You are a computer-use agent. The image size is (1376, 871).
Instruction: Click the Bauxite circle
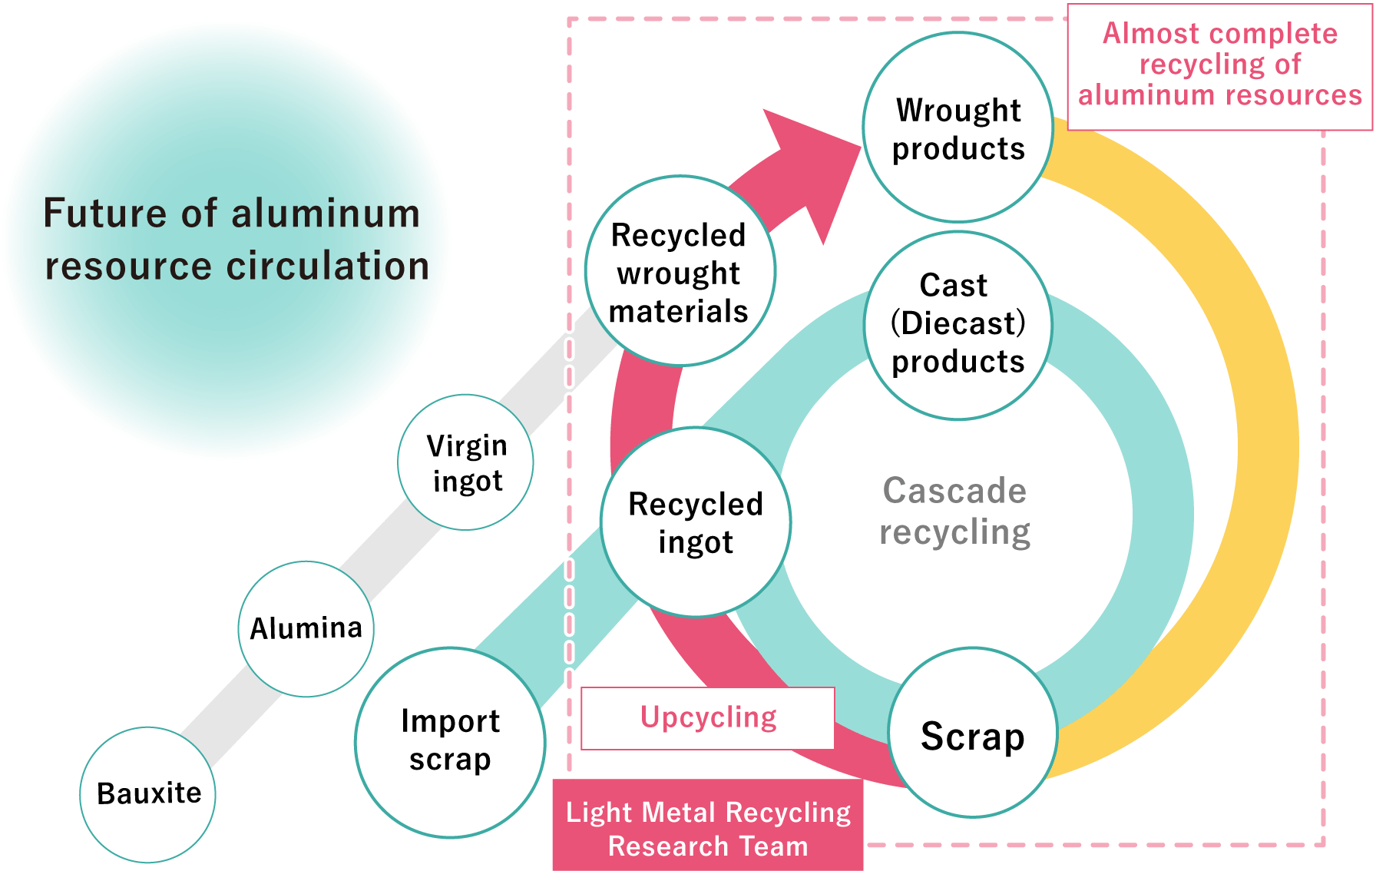pyautogui.click(x=148, y=794)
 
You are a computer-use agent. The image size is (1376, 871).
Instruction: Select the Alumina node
pyautogui.click(x=306, y=628)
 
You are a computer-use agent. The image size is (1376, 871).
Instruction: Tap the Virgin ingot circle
pyautogui.click(x=466, y=462)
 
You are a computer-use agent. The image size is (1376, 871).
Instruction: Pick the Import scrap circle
pyautogui.click(x=450, y=741)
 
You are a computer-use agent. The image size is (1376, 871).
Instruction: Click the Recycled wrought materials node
pyautogui.click(x=680, y=272)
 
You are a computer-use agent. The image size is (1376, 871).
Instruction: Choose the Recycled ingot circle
pyautogui.click(x=696, y=522)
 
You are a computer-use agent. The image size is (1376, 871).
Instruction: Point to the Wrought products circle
pyautogui.click(x=958, y=128)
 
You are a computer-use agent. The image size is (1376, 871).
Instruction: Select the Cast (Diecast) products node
pyautogui.click(x=958, y=325)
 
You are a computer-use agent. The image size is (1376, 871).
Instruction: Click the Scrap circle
pyautogui.click(x=972, y=734)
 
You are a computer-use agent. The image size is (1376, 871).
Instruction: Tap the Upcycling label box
pyautogui.click(x=708, y=718)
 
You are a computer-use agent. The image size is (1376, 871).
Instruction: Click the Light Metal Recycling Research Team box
pyautogui.click(x=708, y=828)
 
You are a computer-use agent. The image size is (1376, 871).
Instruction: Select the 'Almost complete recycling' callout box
pyautogui.click(x=1219, y=66)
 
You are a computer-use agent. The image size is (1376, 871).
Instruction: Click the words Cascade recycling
pyautogui.click(x=954, y=512)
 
